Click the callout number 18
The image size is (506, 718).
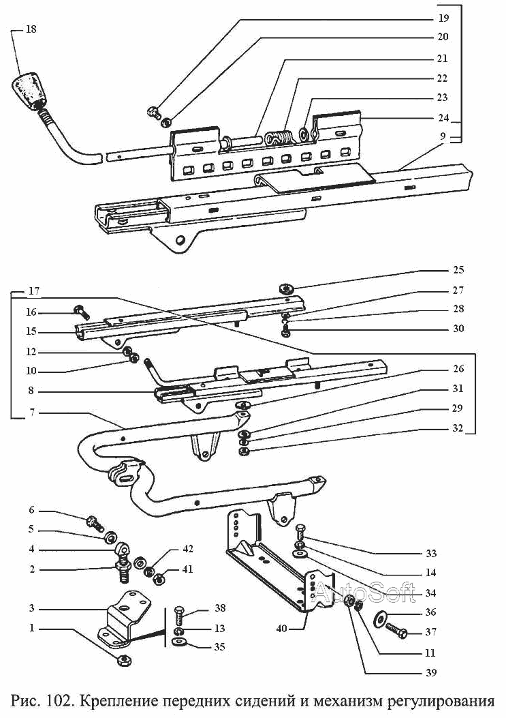[31, 29]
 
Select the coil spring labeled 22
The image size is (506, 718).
[278, 138]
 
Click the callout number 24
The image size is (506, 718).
[443, 118]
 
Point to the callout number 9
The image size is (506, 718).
[443, 136]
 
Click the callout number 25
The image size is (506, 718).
[458, 270]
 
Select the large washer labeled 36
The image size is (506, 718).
[381, 618]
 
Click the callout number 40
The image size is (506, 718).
[281, 629]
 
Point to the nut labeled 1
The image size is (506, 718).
[123, 660]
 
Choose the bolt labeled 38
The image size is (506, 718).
[179, 614]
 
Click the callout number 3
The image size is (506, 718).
[31, 608]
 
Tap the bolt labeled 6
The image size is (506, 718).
[95, 522]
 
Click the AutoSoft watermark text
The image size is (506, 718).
[364, 593]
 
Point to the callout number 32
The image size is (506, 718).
[458, 429]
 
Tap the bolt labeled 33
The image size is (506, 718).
[300, 533]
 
